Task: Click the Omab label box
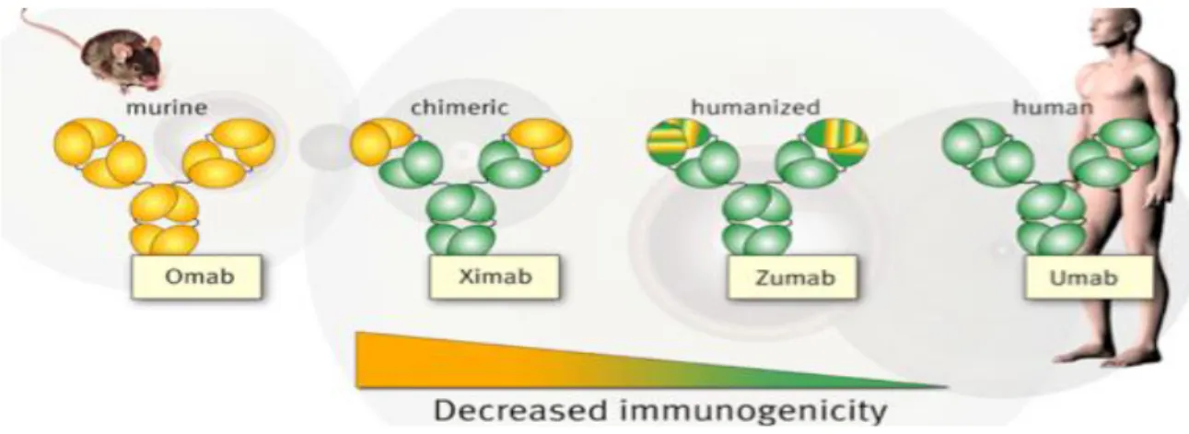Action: (196, 277)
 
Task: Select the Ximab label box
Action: (495, 277)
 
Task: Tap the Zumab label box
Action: (792, 278)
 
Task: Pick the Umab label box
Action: (1089, 278)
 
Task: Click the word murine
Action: (167, 108)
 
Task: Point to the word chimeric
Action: (460, 108)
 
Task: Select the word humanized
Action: (755, 107)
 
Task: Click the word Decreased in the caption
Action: (520, 411)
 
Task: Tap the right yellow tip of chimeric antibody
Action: (540, 141)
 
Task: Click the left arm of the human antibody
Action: (988, 153)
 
